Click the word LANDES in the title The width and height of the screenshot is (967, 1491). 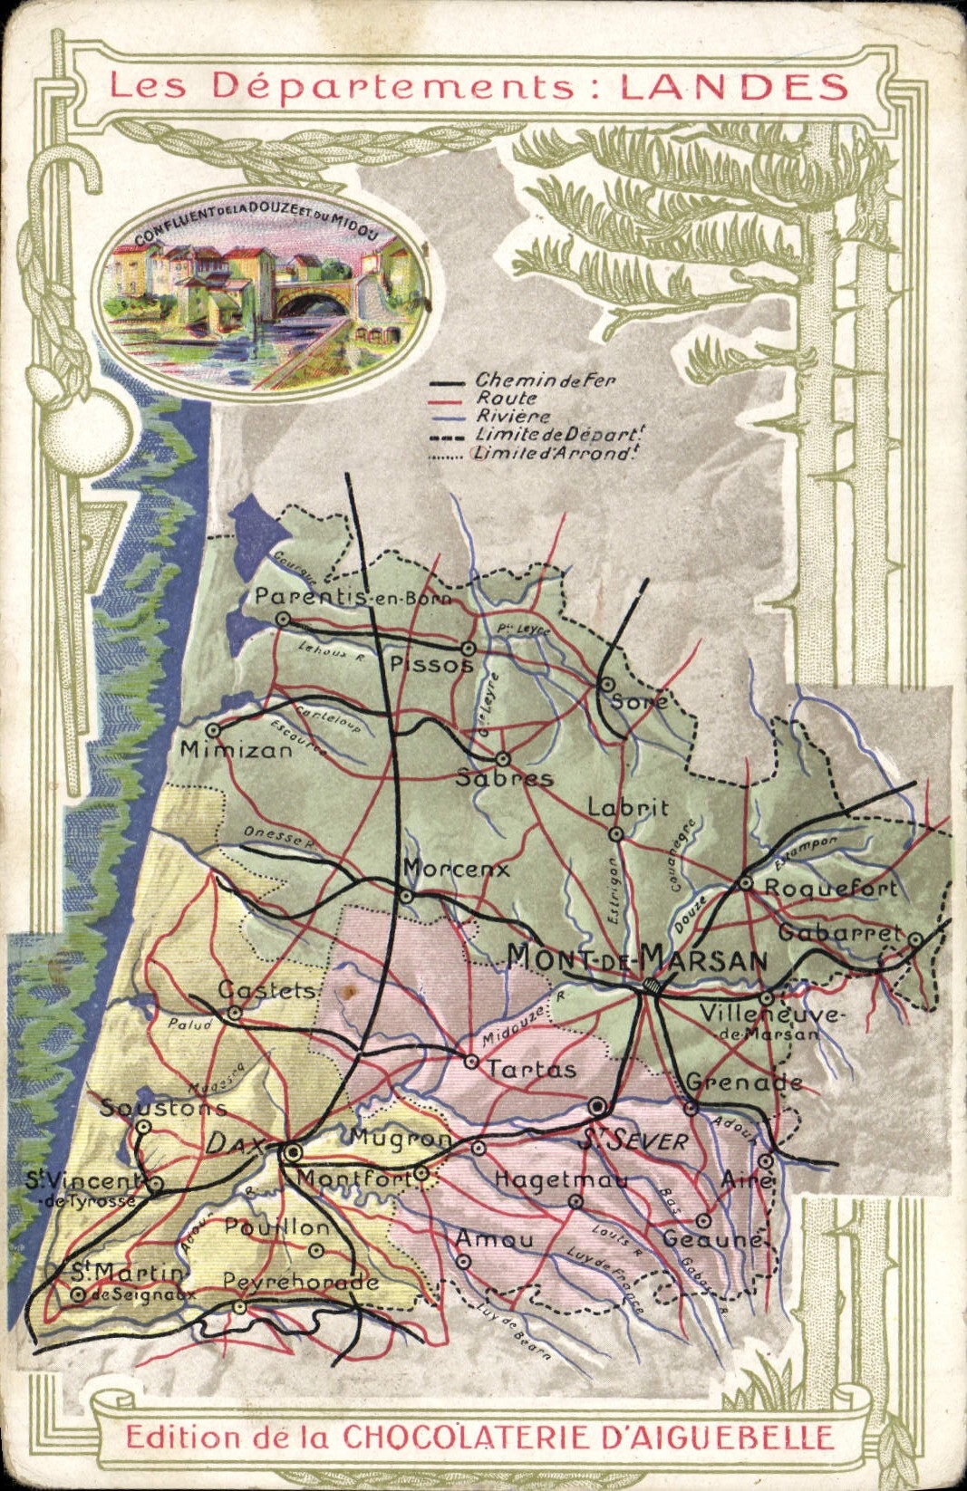click(734, 86)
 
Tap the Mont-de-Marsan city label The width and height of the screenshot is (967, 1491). click(637, 957)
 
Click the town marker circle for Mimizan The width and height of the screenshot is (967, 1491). click(213, 730)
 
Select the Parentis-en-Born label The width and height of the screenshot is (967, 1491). click(353, 597)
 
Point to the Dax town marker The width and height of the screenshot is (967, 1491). click(293, 1152)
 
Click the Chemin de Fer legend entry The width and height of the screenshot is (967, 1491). click(544, 381)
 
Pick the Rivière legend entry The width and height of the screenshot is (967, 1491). click(513, 417)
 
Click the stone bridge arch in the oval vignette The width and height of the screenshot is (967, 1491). click(311, 299)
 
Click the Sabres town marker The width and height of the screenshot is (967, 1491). click(502, 759)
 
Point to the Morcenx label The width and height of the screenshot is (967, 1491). click(456, 869)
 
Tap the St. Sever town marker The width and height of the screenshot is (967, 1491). click(597, 1106)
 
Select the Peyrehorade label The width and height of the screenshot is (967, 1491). click(300, 1282)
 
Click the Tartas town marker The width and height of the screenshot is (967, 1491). click(471, 1061)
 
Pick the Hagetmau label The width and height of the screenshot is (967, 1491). click(561, 1179)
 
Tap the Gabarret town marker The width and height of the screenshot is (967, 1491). click(915, 940)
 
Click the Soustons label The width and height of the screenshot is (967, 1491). click(163, 1107)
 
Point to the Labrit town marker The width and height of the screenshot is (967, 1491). click(616, 833)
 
